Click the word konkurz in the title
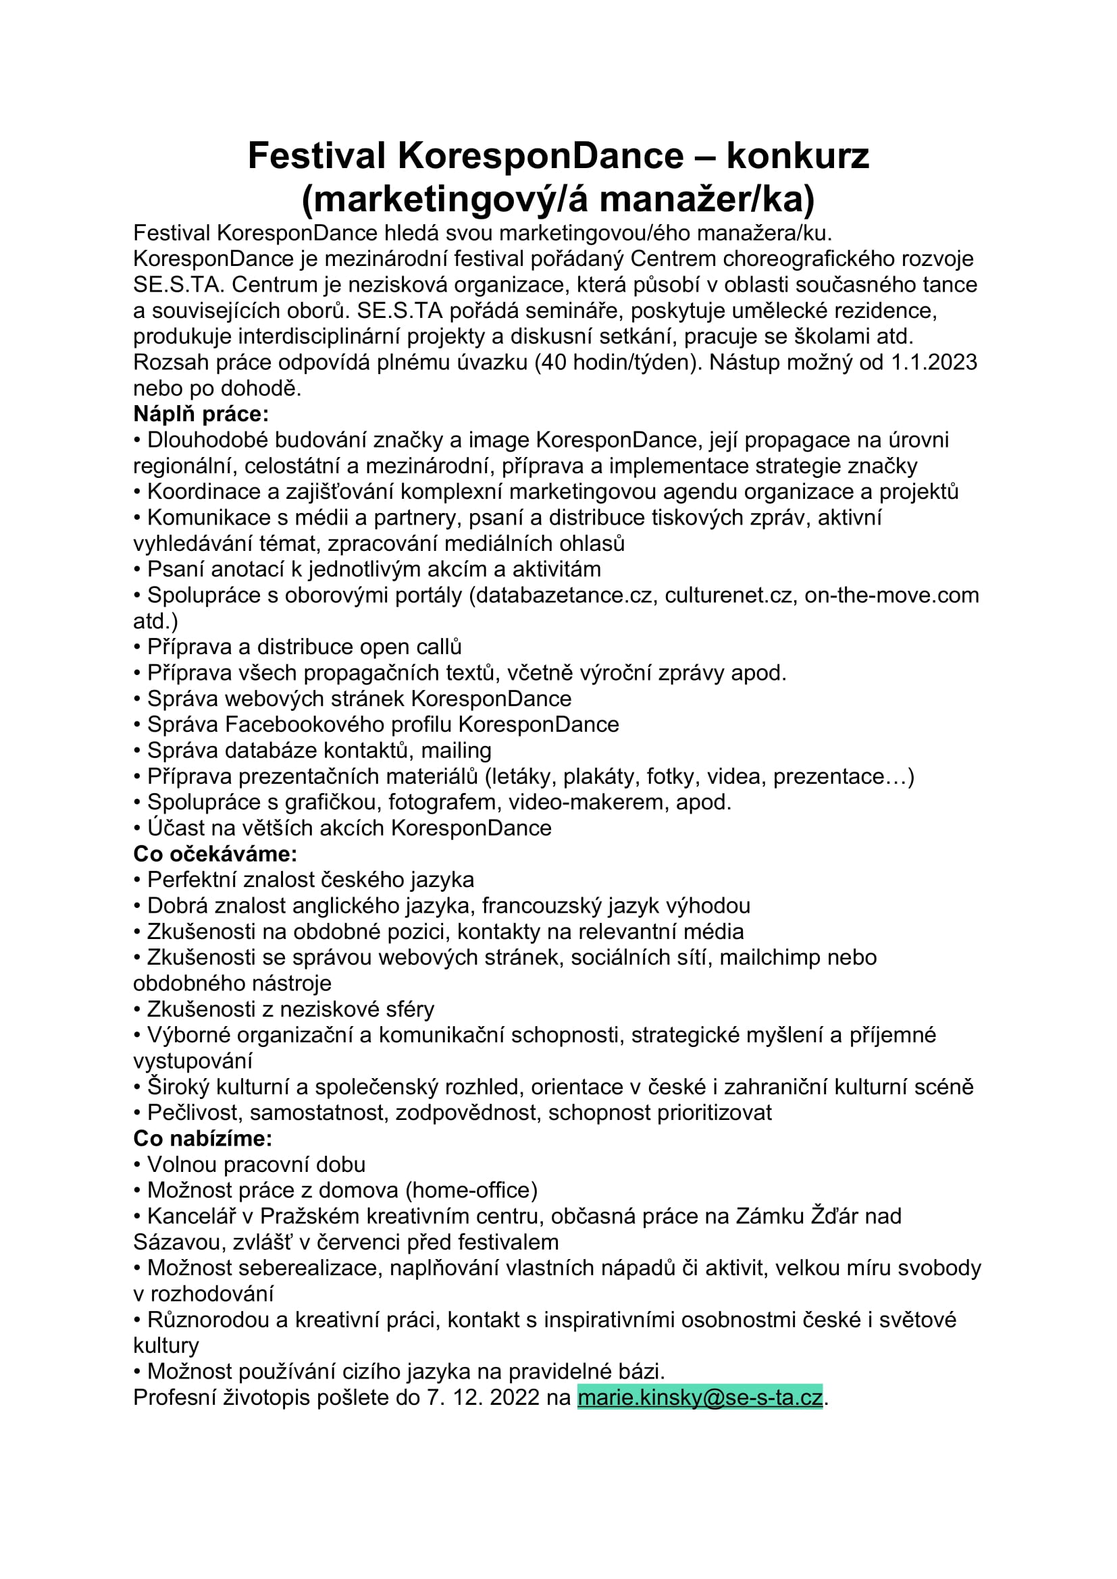(x=797, y=155)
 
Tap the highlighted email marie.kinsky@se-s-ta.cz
(x=700, y=1398)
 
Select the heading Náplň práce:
(x=201, y=414)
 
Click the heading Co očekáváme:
(x=215, y=853)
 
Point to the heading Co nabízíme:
(x=203, y=1138)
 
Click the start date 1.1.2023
(x=934, y=363)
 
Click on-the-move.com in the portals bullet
(x=891, y=595)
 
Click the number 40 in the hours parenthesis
(x=552, y=363)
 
